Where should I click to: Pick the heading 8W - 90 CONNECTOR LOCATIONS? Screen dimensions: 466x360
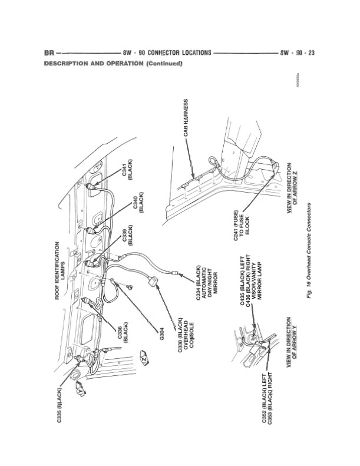167,52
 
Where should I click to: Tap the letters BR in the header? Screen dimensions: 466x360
49,52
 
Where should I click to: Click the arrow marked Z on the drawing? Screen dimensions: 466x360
143,358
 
